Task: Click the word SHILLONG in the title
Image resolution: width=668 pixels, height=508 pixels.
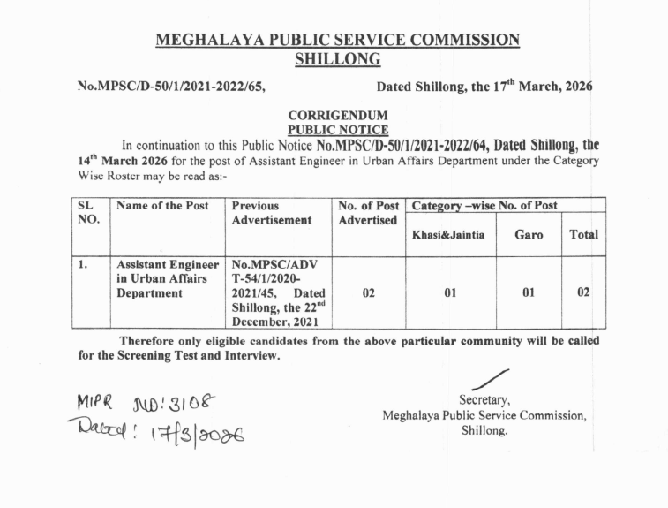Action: tap(337, 60)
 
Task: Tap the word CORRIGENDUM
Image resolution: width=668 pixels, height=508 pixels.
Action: tap(337, 115)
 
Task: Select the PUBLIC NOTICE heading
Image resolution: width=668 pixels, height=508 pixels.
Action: tap(337, 129)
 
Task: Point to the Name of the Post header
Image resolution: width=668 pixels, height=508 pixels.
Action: tap(162, 206)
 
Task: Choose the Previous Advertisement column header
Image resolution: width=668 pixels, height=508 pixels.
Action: tap(271, 212)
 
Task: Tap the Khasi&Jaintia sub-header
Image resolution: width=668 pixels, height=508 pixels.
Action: tap(450, 235)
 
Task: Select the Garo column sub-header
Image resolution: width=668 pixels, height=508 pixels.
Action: tap(529, 235)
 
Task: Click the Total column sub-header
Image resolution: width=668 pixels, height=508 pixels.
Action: tap(583, 235)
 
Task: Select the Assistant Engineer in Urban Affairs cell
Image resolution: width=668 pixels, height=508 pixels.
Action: tap(167, 278)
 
